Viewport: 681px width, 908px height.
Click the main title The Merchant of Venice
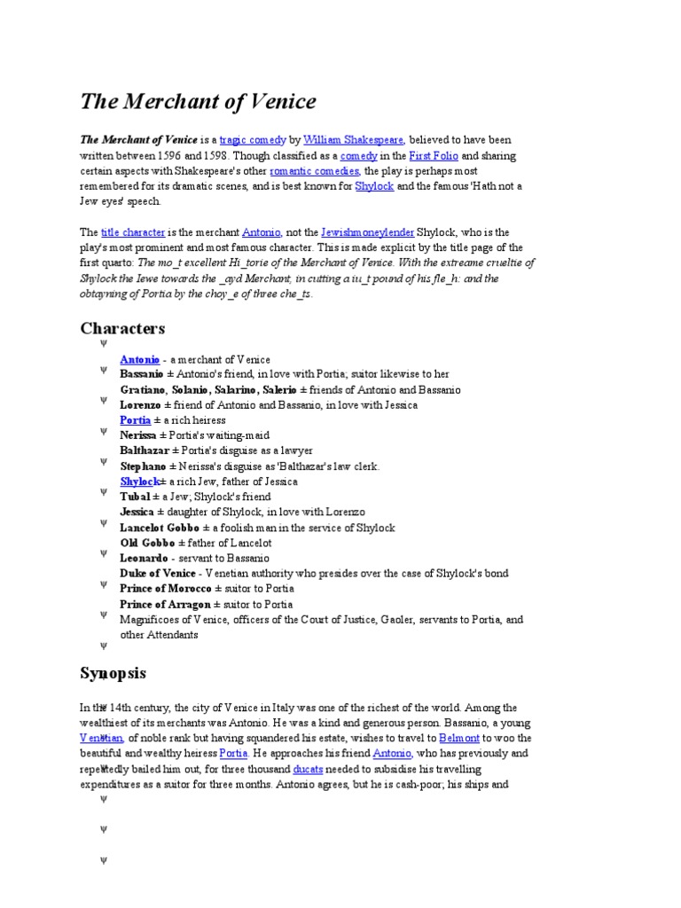(198, 102)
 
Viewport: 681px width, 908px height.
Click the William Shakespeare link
(354, 140)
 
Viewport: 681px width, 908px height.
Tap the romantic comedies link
(315, 170)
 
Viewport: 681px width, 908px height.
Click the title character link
(133, 232)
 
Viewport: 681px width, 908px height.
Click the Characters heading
(122, 329)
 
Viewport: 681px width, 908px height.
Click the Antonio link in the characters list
(140, 359)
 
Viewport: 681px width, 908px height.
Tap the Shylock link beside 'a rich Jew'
(139, 481)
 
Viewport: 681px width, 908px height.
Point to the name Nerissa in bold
(138, 435)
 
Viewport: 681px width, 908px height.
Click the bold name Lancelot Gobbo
(154, 528)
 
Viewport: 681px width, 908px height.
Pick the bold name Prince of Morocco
(164, 589)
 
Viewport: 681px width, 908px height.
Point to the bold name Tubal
(136, 497)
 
